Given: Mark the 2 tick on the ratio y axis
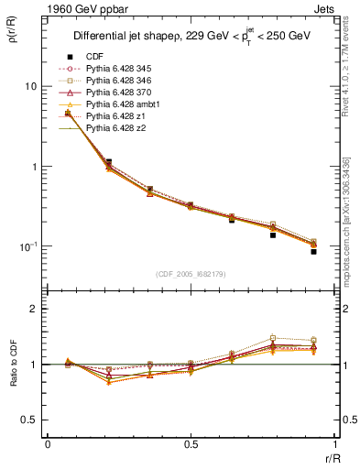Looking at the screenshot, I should pyautogui.click(x=36, y=309).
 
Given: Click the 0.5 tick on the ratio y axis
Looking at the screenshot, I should pyautogui.click(x=31, y=420).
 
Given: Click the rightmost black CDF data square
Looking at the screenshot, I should pyautogui.click(x=313, y=251).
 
